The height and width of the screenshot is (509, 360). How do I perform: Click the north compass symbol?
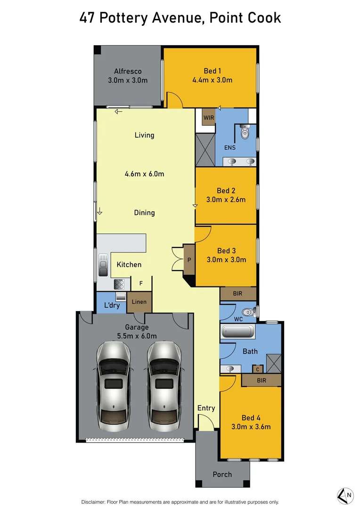coord(345,494)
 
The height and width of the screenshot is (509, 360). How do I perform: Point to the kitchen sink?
coord(103,264)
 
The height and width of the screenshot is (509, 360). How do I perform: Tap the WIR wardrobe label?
coord(209,117)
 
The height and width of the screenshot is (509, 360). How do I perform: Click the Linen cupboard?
coord(139,302)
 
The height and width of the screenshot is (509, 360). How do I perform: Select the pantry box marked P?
coord(189,260)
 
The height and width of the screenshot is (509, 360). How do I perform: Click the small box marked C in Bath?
coord(258,369)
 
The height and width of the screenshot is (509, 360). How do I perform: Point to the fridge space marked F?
coord(141,283)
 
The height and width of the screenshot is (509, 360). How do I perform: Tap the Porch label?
coord(222,474)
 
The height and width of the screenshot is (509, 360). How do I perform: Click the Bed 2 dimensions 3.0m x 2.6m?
coord(226,199)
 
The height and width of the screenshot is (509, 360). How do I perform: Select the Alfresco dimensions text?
coord(128,80)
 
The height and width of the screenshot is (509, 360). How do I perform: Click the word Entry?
coord(206,408)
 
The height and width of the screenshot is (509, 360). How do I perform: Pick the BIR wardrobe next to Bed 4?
coord(261,379)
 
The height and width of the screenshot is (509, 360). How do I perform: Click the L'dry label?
coord(112,305)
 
